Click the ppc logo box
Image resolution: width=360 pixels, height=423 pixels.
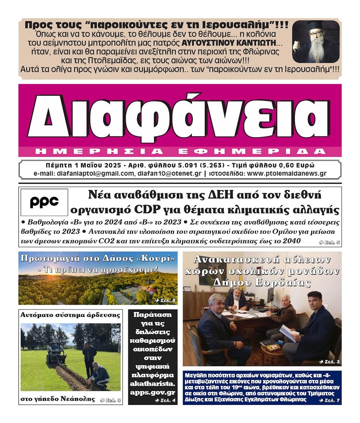(x=44, y=202)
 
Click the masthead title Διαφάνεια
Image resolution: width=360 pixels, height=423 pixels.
(x=180, y=117)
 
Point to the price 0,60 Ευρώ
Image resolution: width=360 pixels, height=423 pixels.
(x=296, y=165)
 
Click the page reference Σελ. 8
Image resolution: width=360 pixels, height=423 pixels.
(x=165, y=300)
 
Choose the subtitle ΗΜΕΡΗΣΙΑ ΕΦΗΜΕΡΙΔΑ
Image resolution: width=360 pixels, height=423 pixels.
(x=180, y=151)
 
